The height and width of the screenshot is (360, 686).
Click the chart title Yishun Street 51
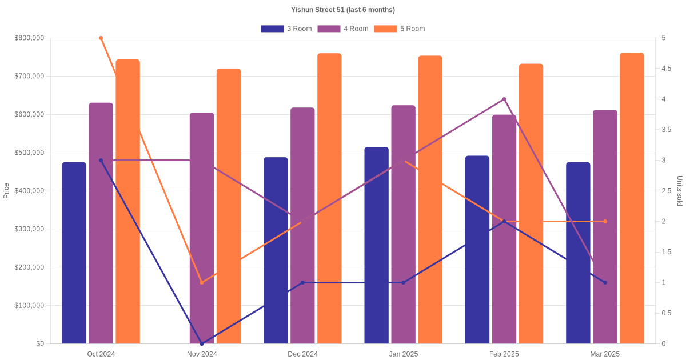(342, 10)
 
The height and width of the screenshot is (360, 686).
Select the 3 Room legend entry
(286, 29)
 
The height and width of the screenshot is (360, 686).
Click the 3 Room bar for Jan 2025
(376, 246)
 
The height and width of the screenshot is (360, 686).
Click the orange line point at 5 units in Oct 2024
(101, 38)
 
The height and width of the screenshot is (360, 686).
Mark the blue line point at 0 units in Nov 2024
(202, 343)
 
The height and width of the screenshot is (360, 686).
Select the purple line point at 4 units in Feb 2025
(504, 99)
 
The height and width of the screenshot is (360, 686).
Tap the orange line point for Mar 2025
(605, 221)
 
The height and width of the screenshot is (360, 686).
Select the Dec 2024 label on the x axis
(302, 354)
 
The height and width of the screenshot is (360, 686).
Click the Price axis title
(6, 190)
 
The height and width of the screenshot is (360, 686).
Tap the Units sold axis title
(680, 190)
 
